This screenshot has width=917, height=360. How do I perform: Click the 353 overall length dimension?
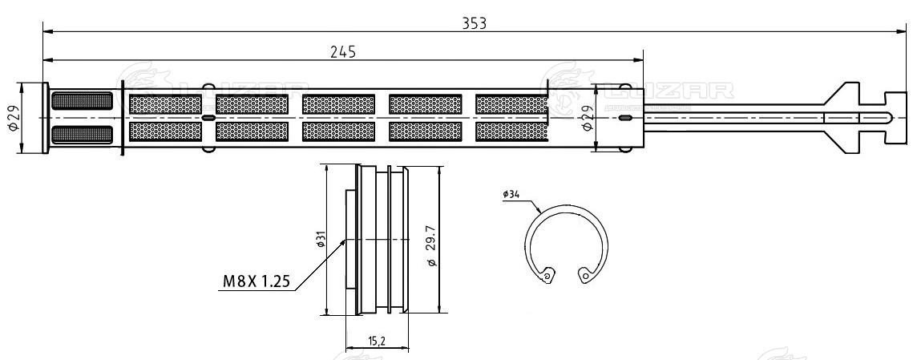475,22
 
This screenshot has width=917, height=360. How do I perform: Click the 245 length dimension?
342,51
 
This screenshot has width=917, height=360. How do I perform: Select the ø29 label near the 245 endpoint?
586,118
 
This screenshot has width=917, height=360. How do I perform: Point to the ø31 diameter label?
320,240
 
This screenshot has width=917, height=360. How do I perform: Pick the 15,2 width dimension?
377,341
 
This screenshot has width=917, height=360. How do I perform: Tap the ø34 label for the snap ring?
511,194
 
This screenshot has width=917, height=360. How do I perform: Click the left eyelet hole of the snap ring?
547,277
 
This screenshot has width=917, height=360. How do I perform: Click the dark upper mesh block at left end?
81,102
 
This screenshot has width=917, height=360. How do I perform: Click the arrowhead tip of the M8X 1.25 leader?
345,240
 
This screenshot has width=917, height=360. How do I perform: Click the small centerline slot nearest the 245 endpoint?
625,118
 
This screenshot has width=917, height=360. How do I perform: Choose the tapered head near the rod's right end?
842,117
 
